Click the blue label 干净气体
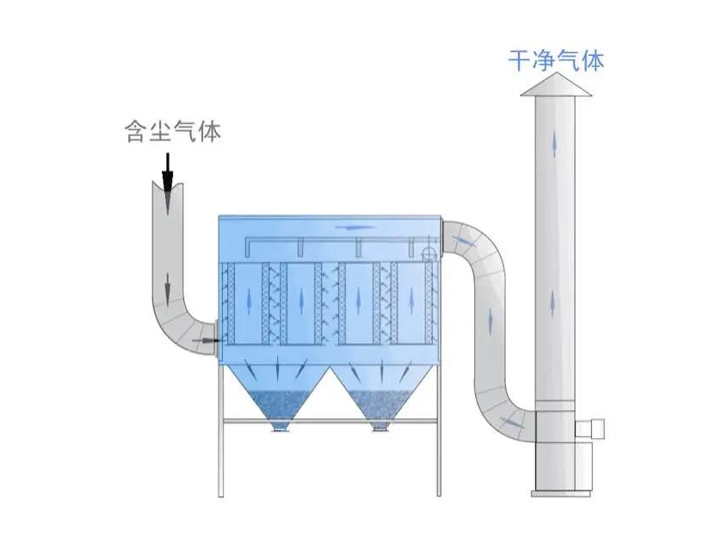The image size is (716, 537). coord(555,60)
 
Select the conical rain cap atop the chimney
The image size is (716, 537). coord(555,83)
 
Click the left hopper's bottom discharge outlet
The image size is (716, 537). coord(280,426)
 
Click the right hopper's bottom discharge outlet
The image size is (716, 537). coord(380,426)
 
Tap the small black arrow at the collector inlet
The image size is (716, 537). coord(205,342)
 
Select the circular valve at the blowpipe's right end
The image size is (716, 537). coord(428,252)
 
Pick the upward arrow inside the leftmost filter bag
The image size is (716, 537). coord(250,301)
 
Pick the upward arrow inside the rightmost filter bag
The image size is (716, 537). coord(411,301)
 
